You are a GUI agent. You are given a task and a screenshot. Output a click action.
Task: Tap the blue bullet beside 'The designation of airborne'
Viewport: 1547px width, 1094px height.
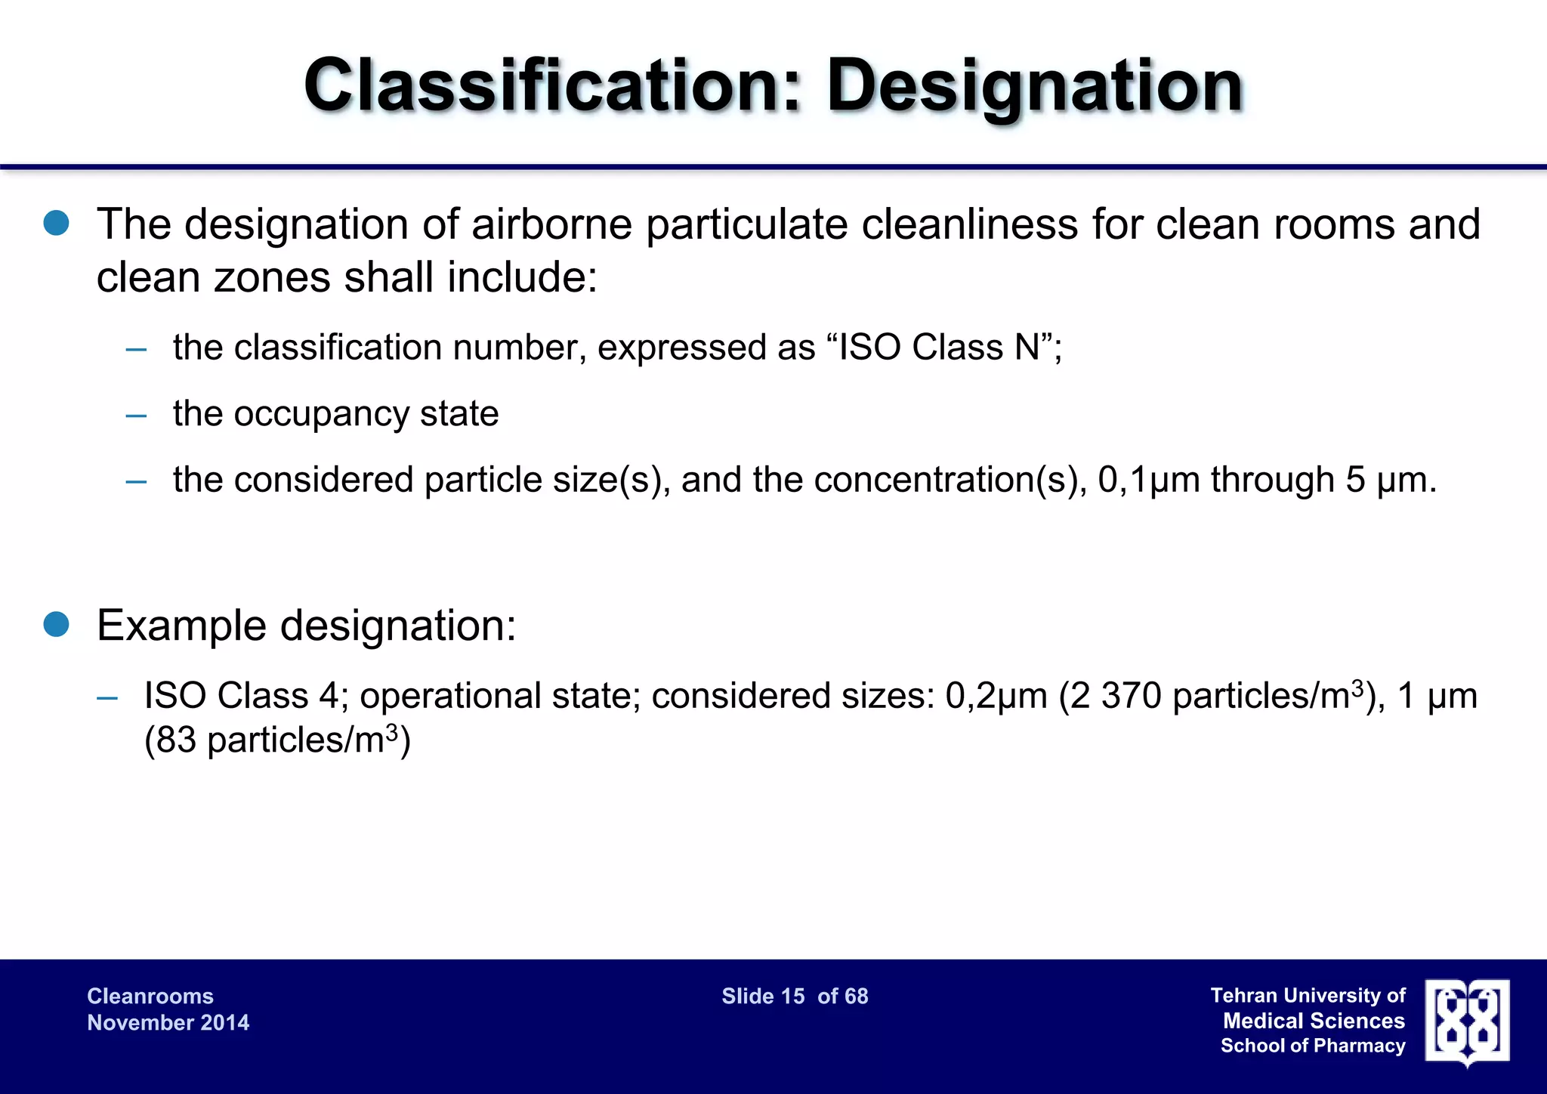tap(57, 224)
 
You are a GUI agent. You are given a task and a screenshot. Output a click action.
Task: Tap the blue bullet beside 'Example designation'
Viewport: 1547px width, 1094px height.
tap(57, 625)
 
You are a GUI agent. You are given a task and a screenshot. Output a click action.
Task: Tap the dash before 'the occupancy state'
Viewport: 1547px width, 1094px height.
tap(136, 415)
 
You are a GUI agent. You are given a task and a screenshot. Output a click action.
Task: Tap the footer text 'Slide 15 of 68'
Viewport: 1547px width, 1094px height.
tap(795, 997)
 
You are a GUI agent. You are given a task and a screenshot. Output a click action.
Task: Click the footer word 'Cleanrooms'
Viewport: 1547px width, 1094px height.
tap(150, 997)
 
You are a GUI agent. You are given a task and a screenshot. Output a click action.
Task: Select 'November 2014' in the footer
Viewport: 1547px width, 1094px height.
tap(168, 1023)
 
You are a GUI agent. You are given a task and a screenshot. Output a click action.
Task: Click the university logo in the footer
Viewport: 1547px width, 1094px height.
tap(1467, 1022)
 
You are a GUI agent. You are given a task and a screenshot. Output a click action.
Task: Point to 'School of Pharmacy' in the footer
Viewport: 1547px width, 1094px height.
tap(1313, 1046)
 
